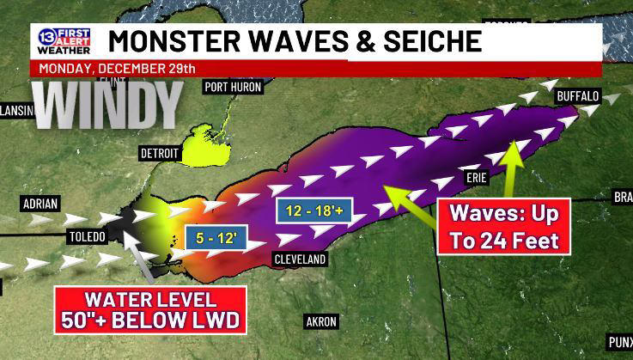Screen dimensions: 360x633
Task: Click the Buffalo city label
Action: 577,97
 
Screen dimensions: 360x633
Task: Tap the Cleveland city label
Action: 300,259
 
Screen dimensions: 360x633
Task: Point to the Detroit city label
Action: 160,153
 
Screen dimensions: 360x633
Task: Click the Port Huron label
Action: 233,87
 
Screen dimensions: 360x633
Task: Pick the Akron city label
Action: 321,321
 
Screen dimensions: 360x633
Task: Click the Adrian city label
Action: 40,204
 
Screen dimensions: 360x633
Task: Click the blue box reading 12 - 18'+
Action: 313,211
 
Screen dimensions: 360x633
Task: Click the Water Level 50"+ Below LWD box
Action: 150,310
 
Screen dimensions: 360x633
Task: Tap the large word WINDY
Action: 108,107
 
